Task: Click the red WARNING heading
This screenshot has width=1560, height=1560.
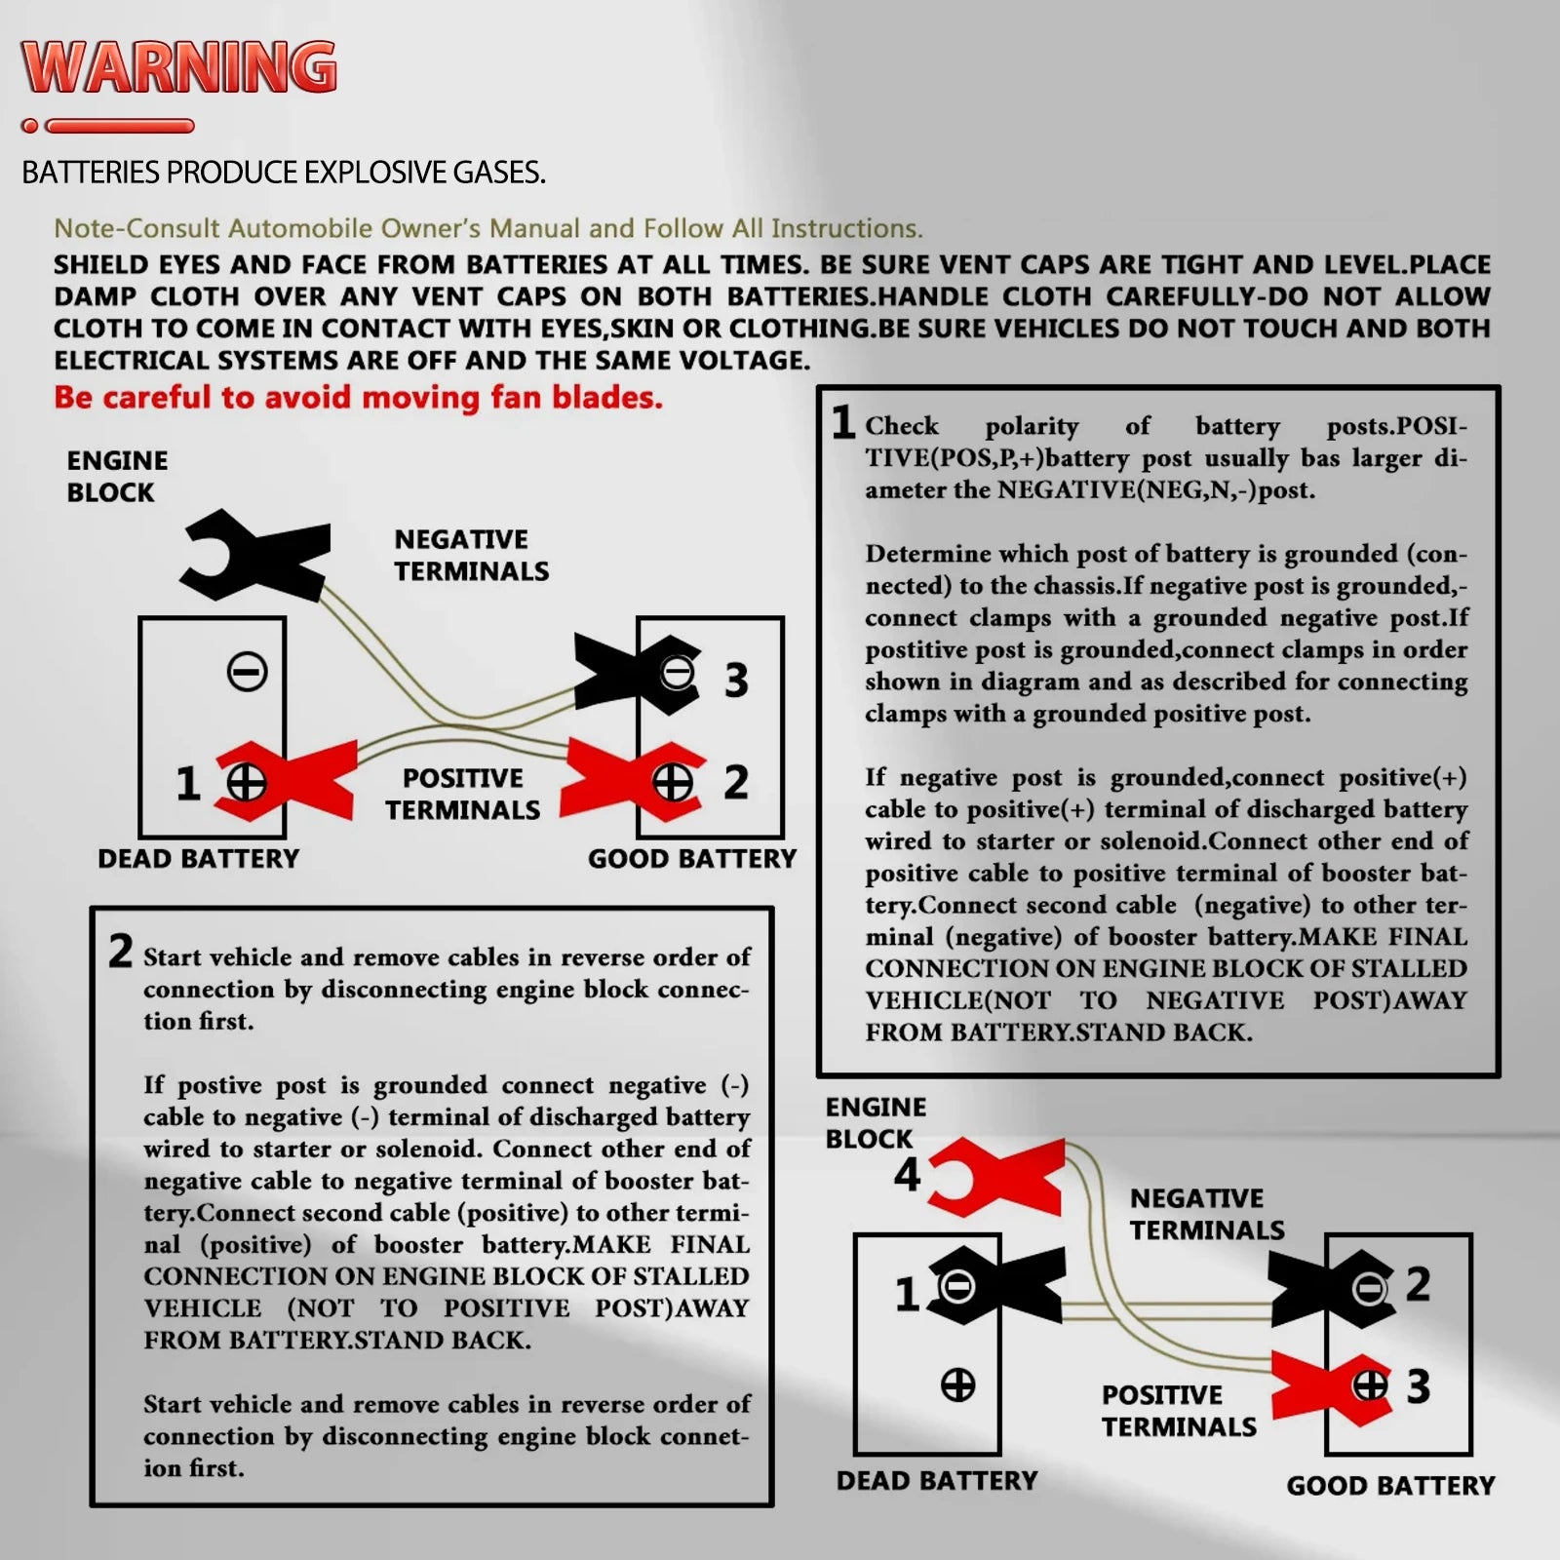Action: tap(179, 67)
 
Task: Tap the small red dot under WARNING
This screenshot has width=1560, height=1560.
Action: tap(30, 126)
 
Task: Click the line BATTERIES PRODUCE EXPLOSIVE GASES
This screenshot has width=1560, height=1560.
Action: tap(283, 173)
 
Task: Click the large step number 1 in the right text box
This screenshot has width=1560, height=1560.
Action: tap(842, 423)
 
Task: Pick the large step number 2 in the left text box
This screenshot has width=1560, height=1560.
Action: tap(120, 951)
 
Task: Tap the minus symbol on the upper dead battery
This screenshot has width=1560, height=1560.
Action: tap(247, 672)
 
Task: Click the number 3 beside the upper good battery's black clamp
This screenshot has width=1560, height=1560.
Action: tap(736, 681)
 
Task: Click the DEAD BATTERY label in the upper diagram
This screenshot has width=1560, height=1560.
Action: tap(198, 859)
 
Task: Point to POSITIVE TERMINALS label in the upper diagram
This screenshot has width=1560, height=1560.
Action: tap(462, 794)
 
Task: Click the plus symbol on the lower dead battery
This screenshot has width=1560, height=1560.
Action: tap(957, 1384)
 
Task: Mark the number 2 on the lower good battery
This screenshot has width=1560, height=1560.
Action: tap(1418, 1284)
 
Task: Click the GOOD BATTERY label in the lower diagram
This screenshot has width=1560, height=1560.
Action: tap(1390, 1486)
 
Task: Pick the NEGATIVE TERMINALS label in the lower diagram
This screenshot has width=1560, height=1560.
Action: tap(1207, 1214)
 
